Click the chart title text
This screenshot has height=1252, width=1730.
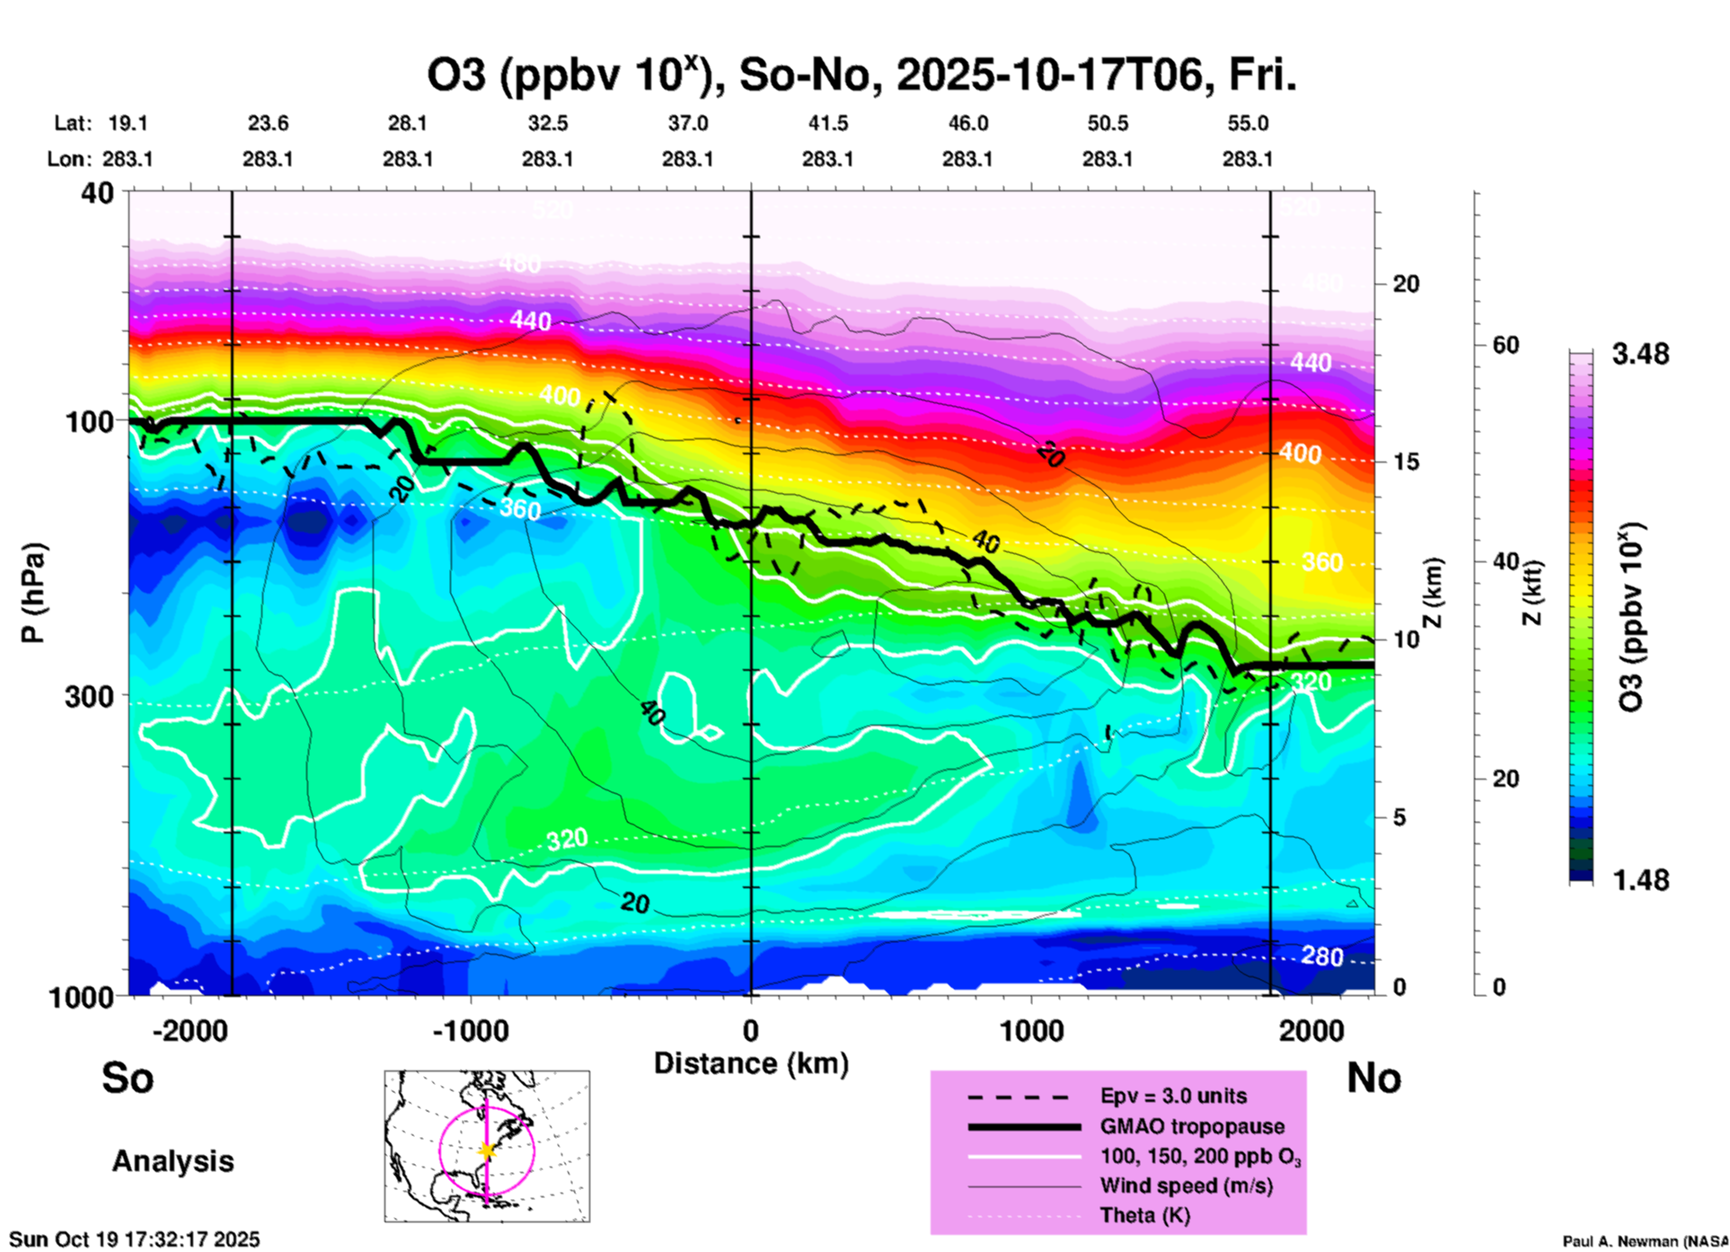point(861,75)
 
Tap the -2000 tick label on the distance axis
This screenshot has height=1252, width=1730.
point(190,1030)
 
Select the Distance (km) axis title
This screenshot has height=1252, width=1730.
point(751,1063)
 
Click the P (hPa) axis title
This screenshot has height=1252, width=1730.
point(33,593)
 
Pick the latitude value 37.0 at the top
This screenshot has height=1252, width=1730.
point(687,123)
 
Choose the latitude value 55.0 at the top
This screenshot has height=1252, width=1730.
point(1248,123)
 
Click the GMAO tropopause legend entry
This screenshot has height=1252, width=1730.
point(1192,1126)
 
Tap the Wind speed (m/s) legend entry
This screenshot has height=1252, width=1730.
point(1186,1186)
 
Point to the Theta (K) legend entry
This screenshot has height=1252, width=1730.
point(1144,1215)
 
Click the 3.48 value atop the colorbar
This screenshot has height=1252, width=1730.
point(1640,355)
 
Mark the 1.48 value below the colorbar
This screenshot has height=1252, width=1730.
point(1640,880)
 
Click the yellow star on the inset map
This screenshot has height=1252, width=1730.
point(487,1151)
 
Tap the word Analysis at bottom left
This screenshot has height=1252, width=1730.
point(172,1161)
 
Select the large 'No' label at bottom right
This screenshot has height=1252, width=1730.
point(1373,1078)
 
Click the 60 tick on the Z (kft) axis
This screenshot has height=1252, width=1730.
point(1505,345)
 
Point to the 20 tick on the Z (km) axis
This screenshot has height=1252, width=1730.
point(1406,284)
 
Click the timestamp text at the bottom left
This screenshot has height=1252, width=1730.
point(135,1239)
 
